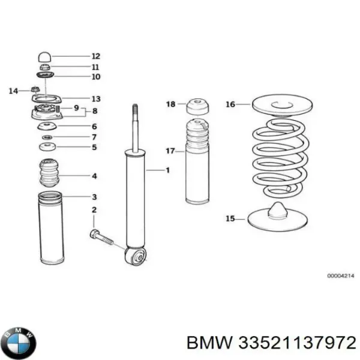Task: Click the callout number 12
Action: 96,56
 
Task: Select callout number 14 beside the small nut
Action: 14,91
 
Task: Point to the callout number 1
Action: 167,170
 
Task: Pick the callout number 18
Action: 170,104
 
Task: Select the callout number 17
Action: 170,151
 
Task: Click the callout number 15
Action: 230,219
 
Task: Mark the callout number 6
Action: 94,127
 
